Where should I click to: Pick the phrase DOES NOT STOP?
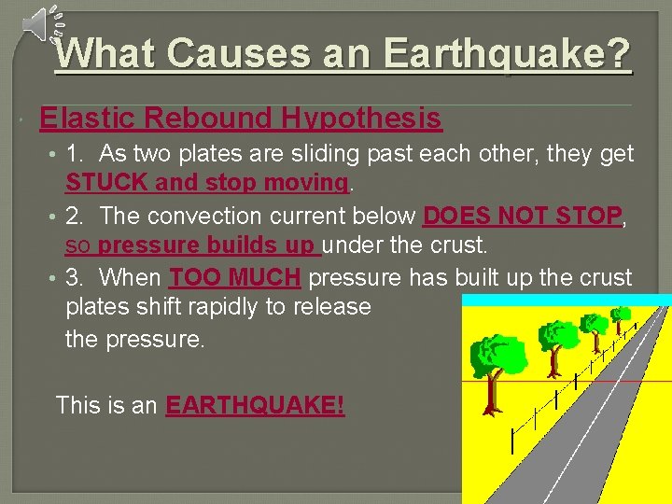click(x=522, y=216)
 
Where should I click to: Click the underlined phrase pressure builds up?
click(x=209, y=246)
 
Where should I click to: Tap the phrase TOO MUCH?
click(x=235, y=277)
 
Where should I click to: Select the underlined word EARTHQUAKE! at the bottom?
click(x=255, y=406)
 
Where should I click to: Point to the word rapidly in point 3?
click(x=267, y=307)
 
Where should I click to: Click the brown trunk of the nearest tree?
click(x=489, y=396)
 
